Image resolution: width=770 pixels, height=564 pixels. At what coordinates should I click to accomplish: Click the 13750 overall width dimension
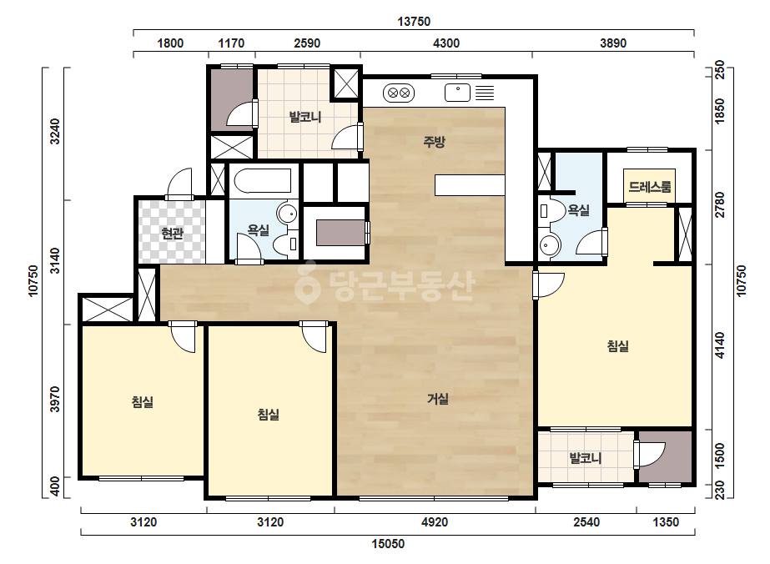[x=414, y=22]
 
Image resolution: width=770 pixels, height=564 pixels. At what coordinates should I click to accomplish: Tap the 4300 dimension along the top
[x=445, y=43]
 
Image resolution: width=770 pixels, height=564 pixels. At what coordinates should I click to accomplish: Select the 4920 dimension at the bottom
[x=435, y=521]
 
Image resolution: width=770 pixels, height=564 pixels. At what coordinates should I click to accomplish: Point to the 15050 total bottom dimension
[x=388, y=543]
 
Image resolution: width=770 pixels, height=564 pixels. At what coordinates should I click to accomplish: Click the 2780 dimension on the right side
[x=720, y=205]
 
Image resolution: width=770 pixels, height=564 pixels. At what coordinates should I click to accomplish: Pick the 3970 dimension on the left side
[x=55, y=400]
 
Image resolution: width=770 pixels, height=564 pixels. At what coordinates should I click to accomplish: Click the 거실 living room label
[x=437, y=399]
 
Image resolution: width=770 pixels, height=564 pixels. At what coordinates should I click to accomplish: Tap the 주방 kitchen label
[x=434, y=142]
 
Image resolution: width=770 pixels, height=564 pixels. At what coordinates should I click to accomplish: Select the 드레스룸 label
[x=649, y=187]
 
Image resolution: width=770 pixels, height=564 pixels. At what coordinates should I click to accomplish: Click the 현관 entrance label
[x=172, y=233]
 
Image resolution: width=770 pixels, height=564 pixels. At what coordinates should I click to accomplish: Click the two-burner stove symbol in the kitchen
[x=398, y=93]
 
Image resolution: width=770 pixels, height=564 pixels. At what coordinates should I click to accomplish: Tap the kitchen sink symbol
[x=458, y=93]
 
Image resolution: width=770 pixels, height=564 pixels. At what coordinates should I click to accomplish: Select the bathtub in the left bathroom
[x=263, y=181]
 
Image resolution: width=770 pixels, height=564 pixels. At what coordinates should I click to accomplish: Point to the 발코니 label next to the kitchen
[x=305, y=117]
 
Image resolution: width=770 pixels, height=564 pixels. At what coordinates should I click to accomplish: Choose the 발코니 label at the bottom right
[x=586, y=458]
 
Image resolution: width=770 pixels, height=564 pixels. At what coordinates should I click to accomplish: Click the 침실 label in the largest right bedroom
[x=618, y=346]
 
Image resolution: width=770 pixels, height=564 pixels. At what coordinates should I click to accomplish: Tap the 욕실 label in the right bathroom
[x=578, y=210]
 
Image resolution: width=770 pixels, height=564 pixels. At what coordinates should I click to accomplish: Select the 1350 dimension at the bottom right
[x=666, y=521]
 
